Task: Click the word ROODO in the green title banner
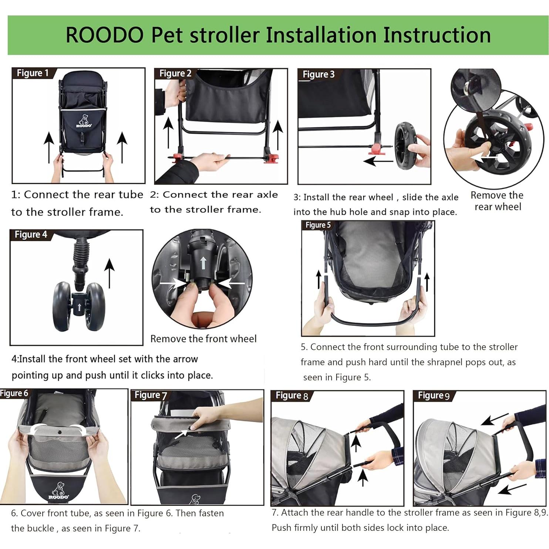click(105, 35)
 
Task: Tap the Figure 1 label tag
click(33, 73)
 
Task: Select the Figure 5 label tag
click(317, 225)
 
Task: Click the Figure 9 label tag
click(434, 395)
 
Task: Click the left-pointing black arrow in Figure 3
click(377, 161)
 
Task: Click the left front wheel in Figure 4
click(62, 306)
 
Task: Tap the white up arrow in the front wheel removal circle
click(203, 263)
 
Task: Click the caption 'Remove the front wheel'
click(203, 339)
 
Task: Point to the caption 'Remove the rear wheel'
click(497, 201)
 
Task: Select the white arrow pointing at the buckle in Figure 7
click(181, 434)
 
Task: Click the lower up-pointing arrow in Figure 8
click(363, 477)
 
